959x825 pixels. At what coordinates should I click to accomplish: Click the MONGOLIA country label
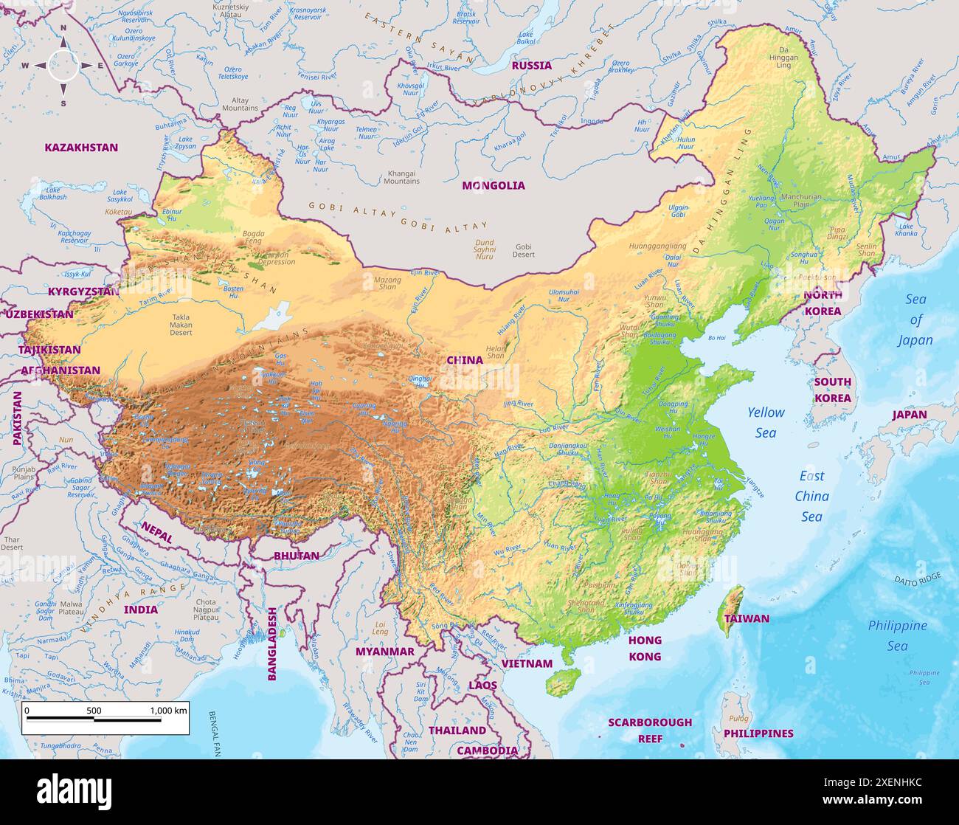pyautogui.click(x=493, y=186)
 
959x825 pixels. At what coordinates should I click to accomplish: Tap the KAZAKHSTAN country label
pyautogui.click(x=81, y=148)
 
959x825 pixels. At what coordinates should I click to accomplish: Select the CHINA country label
pyautogui.click(x=465, y=360)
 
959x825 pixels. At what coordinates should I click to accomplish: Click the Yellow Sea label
pyautogui.click(x=766, y=422)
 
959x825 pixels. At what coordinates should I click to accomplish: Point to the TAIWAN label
pyautogui.click(x=747, y=618)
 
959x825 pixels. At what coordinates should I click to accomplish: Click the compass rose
pyautogui.click(x=63, y=66)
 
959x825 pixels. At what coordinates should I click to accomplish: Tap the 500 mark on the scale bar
pyautogui.click(x=94, y=711)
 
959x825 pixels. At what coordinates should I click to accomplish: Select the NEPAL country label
pyautogui.click(x=156, y=532)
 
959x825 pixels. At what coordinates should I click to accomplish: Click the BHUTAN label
pyautogui.click(x=297, y=556)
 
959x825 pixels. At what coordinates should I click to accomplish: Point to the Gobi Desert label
pyautogui.click(x=523, y=251)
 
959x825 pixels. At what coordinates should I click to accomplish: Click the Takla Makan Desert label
pyautogui.click(x=181, y=325)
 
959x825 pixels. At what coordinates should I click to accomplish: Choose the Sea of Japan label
pyautogui.click(x=915, y=320)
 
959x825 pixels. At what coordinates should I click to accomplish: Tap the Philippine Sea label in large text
pyautogui.click(x=897, y=635)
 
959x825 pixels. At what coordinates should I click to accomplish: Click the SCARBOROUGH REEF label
pyautogui.click(x=650, y=730)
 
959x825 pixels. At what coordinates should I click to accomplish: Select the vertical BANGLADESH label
pyautogui.click(x=271, y=643)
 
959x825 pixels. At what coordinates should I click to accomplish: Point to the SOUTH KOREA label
pyautogui.click(x=832, y=390)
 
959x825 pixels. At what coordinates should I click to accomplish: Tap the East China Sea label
pyautogui.click(x=811, y=496)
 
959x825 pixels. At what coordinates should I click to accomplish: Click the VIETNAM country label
pyautogui.click(x=527, y=663)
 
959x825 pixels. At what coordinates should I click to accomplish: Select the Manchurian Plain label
pyautogui.click(x=800, y=201)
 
